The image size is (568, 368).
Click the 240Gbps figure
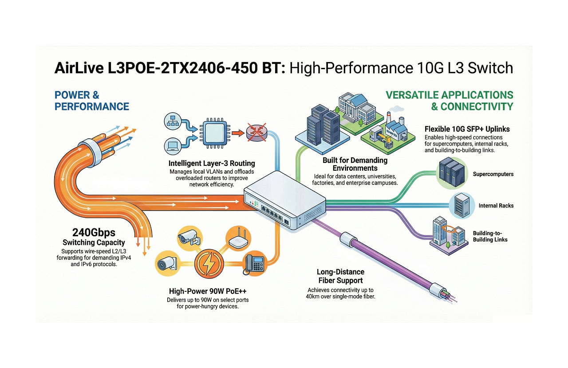tap(94, 232)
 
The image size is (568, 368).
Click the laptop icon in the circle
tap(171, 145)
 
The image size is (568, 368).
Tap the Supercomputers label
tap(493, 174)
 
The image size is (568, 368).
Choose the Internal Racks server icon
tap(461, 206)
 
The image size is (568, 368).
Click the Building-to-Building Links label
tap(490, 236)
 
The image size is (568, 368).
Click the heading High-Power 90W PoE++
tap(208, 291)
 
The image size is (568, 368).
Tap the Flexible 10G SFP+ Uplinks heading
tap(467, 129)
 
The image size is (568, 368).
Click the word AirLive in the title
tap(79, 69)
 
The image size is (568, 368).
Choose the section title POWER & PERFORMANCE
tap(92, 101)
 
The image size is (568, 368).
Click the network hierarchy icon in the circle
tap(171, 120)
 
